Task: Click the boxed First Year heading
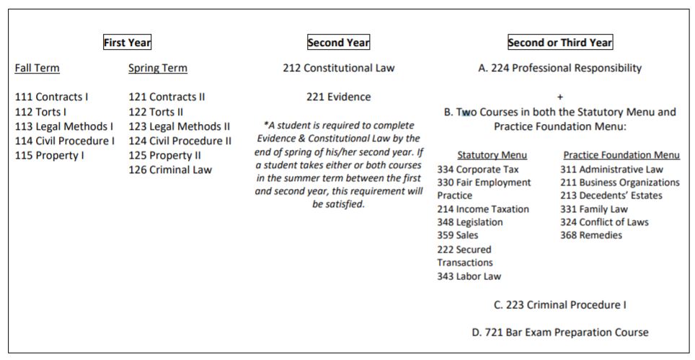127,43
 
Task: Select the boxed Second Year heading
338,43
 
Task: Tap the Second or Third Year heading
560,43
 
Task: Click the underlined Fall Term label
37,69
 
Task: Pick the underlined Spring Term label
157,69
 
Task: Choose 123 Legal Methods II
179,126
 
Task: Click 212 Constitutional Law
339,69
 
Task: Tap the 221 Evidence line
339,97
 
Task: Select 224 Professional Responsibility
560,69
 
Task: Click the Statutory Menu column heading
492,155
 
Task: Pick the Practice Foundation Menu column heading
621,155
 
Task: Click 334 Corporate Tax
473,170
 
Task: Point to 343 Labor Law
469,276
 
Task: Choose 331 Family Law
594,209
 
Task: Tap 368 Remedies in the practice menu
591,235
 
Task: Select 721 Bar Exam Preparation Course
560,333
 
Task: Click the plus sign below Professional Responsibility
560,97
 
